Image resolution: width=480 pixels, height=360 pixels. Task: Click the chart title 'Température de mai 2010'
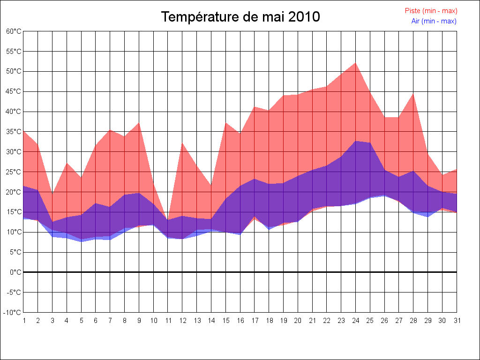coord(240,17)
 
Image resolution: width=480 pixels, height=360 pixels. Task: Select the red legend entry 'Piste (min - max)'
coord(431,11)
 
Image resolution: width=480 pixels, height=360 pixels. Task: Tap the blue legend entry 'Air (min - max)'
coord(434,21)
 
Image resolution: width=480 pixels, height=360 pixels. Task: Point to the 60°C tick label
coord(14,31)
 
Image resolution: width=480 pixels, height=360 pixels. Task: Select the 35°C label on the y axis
coord(14,132)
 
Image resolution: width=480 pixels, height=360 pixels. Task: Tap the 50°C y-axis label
coord(14,72)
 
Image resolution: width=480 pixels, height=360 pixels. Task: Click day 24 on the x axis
coord(355,321)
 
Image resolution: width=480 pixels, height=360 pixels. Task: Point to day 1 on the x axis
coord(24,321)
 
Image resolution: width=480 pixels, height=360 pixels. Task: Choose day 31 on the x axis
coord(457,321)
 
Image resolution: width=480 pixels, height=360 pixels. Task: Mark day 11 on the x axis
coord(168,321)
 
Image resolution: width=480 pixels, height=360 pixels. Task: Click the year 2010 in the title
coord(304,17)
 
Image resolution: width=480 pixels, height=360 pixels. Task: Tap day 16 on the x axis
coord(240,321)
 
